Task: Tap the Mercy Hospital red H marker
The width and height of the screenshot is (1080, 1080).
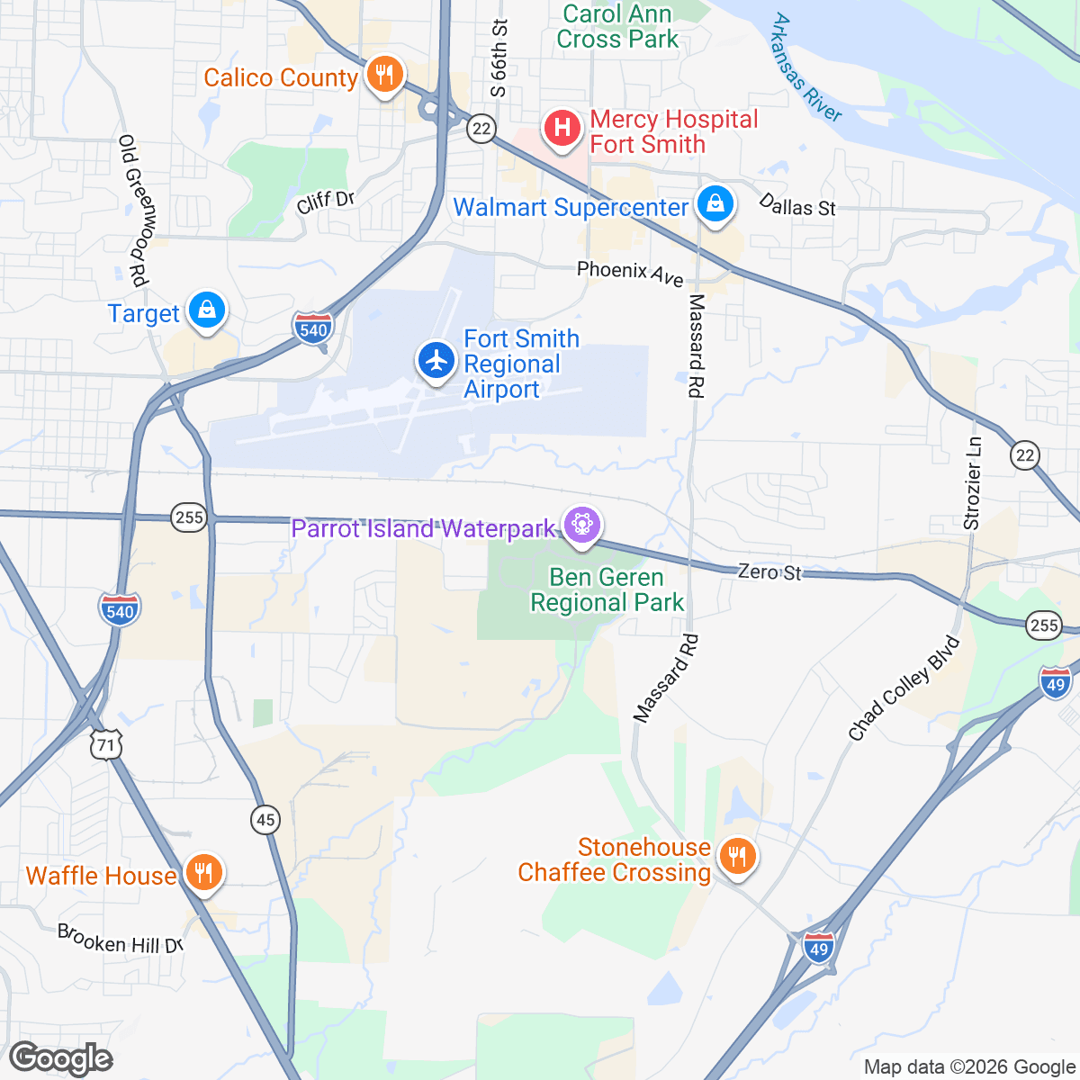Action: [562, 128]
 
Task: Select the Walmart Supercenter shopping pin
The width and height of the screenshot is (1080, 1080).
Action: [715, 204]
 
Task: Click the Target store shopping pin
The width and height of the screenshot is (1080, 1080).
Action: [207, 310]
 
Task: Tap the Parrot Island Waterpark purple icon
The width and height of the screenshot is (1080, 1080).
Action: [581, 525]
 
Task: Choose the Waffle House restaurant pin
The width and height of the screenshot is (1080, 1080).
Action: [204, 872]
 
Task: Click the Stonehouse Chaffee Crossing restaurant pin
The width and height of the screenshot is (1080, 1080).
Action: [738, 857]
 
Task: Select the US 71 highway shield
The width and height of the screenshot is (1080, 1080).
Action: [106, 744]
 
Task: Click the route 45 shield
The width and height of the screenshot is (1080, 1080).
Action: [265, 820]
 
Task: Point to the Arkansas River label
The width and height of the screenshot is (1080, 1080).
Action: [806, 67]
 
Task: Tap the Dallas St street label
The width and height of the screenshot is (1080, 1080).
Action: [797, 206]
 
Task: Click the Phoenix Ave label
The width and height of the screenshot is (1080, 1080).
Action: [630, 272]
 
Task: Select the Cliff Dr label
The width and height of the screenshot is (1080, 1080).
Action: [326, 202]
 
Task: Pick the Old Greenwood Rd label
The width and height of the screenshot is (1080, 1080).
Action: [133, 211]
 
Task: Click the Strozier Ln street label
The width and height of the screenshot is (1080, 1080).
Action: [972, 483]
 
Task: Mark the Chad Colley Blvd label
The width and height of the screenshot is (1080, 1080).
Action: [904, 688]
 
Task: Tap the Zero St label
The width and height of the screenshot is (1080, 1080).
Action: [769, 571]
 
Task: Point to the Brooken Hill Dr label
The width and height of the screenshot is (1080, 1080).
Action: [121, 939]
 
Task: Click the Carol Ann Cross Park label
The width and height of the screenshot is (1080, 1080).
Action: [617, 27]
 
